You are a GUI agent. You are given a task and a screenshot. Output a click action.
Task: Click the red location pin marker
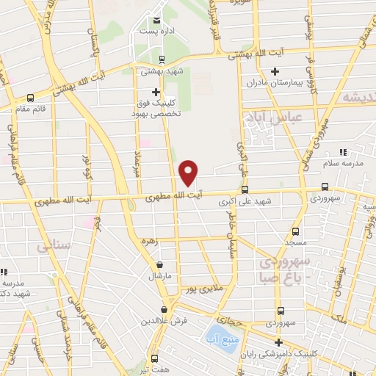pos(189,173)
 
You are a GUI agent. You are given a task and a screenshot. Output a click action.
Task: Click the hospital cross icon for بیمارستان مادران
pos(275,72)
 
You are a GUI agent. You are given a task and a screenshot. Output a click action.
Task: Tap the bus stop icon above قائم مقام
pos(30,97)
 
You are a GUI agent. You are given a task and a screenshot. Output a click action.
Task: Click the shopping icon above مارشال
pos(159,265)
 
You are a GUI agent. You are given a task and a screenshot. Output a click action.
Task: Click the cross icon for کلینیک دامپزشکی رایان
pos(278,342)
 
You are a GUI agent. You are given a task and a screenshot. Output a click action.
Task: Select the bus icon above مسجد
pos(294,231)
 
